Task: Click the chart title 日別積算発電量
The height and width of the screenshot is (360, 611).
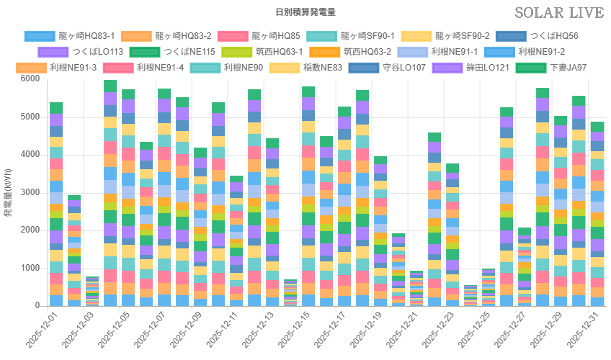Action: [x=305, y=12]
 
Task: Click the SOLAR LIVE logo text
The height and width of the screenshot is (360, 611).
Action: [x=559, y=13]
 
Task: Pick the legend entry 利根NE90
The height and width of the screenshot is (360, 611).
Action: [x=241, y=68]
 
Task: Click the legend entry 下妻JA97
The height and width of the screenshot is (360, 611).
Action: [x=568, y=68]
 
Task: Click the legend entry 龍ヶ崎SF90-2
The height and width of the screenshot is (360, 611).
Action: [x=462, y=35]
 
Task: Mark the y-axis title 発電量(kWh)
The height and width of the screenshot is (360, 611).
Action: [x=8, y=192]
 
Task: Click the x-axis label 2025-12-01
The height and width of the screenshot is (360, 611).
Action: [x=45, y=328]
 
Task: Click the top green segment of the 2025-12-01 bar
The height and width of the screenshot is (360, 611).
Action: [x=56, y=108]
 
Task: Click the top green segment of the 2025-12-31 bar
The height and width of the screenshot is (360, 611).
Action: [x=597, y=127]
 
